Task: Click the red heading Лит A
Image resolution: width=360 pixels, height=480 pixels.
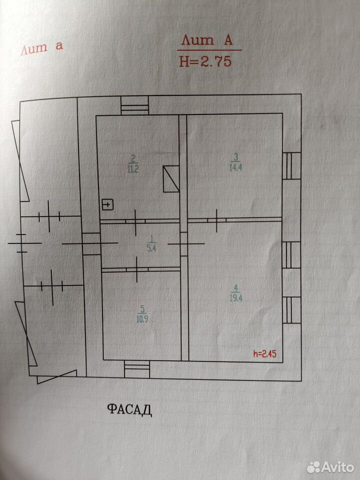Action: point(207,40)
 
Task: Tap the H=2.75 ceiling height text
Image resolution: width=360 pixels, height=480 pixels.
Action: point(205,61)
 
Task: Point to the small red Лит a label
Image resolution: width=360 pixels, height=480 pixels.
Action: point(42,48)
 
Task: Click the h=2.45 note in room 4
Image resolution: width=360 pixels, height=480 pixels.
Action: point(265,354)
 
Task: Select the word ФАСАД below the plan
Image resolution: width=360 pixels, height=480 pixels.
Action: point(130,409)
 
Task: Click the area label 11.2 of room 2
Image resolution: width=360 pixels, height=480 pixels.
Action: point(133,169)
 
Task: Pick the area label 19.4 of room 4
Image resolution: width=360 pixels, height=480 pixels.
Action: point(235,298)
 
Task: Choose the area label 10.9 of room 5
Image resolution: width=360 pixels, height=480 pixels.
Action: point(141,319)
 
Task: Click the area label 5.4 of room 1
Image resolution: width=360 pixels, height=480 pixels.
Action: point(151,248)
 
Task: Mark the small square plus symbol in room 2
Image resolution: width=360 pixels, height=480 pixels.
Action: point(108,205)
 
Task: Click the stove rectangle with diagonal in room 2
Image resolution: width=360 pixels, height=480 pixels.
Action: point(171,179)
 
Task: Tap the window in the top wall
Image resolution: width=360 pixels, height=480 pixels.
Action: point(134,105)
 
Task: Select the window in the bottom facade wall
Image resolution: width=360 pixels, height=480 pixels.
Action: point(137,369)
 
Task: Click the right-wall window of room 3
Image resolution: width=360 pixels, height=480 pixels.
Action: point(291,165)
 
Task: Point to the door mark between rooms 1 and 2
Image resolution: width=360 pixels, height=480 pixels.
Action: point(135,221)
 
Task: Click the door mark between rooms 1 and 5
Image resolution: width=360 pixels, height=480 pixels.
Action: point(137,269)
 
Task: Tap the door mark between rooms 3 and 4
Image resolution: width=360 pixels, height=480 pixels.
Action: point(216,220)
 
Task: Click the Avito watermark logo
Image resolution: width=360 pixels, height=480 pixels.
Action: point(330,467)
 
